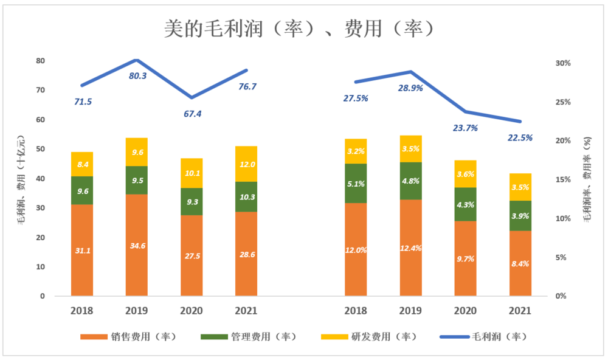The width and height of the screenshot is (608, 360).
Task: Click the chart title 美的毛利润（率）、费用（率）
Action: [x=299, y=29]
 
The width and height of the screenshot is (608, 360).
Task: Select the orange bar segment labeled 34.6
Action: [x=137, y=246]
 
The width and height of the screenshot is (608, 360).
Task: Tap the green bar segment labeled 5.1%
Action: [x=356, y=183]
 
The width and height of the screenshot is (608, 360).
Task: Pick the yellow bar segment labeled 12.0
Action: [x=246, y=164]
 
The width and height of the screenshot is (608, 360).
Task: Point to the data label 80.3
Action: [x=138, y=76]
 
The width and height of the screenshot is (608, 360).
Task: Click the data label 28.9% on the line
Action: [x=410, y=88]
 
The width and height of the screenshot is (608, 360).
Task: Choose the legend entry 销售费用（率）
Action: [x=128, y=336]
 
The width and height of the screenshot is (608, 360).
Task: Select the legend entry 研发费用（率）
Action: [x=368, y=336]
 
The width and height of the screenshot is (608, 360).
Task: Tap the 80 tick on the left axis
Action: [x=41, y=61]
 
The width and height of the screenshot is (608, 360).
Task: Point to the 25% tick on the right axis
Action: [x=562, y=102]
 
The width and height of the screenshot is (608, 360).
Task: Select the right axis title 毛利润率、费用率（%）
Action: [x=587, y=180]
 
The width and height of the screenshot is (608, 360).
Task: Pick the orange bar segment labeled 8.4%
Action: [x=520, y=263]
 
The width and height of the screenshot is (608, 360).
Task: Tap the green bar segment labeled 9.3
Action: [x=192, y=201]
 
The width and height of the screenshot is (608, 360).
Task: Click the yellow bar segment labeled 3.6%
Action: [x=465, y=174]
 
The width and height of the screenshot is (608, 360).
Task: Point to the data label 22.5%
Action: [x=520, y=138]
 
